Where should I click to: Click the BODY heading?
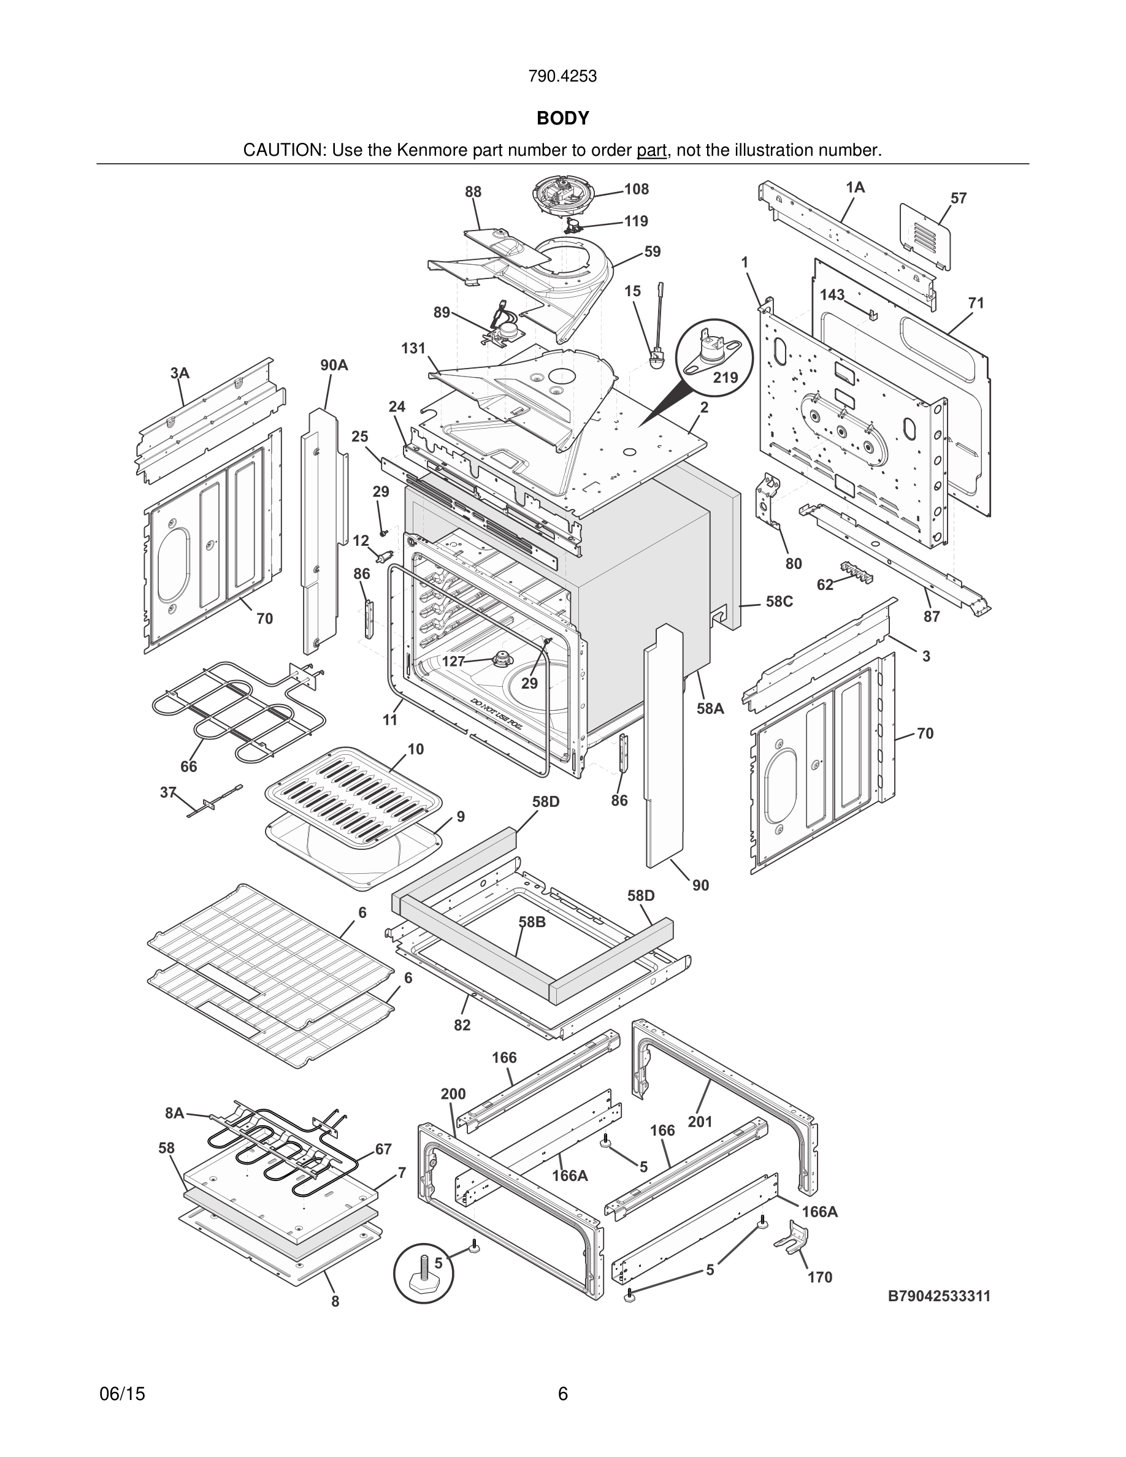pos(562,118)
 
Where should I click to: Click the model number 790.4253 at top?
pos(562,77)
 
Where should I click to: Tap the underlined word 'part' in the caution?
pos(651,151)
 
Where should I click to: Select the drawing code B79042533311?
pos(938,1296)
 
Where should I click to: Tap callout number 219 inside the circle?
pos(726,378)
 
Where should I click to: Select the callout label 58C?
pos(779,601)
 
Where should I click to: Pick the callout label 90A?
pos(334,365)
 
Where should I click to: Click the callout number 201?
pos(700,1122)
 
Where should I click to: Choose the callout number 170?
pos(820,1277)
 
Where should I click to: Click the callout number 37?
pos(168,792)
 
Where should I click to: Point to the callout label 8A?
pos(174,1113)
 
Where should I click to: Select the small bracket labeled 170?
pos(792,1237)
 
